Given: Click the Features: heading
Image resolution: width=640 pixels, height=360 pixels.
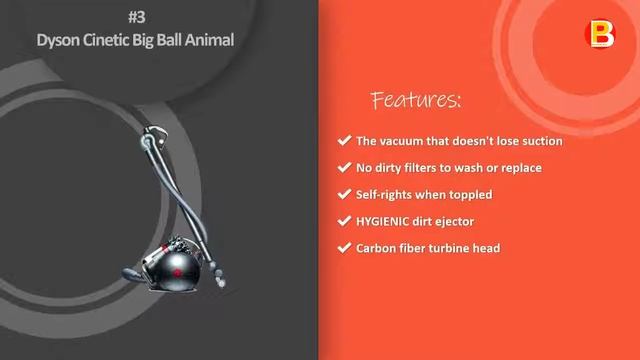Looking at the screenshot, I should pyautogui.click(x=416, y=100).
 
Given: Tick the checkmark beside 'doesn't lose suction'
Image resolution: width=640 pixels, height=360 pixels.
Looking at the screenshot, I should pyautogui.click(x=345, y=141).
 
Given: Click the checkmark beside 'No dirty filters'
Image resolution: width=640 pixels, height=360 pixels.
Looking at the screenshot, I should pyautogui.click(x=345, y=168).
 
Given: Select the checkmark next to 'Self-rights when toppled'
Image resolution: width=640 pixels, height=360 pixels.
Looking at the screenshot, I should pyautogui.click(x=345, y=194).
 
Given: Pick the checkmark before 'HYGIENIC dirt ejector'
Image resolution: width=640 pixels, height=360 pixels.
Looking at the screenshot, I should pyautogui.click(x=345, y=221).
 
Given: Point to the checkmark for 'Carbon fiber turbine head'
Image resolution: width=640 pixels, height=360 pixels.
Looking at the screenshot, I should pyautogui.click(x=345, y=247).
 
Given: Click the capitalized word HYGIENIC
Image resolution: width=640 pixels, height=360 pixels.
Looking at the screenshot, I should pyautogui.click(x=386, y=221).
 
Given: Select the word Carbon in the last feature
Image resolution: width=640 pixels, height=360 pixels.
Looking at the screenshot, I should pyautogui.click(x=377, y=247).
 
